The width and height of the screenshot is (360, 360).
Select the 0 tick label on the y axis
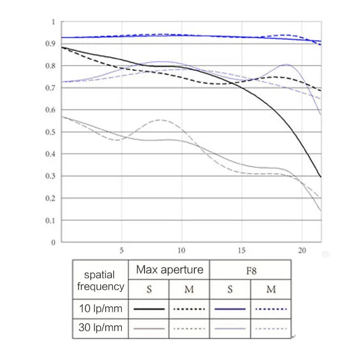pyautogui.click(x=53, y=243)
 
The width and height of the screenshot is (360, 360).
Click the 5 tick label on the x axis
pyautogui.click(x=121, y=250)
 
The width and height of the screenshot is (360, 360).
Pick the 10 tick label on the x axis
pyautogui.click(x=181, y=250)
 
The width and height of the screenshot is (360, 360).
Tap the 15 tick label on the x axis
pyautogui.click(x=241, y=250)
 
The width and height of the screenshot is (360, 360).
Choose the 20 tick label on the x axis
pyautogui.click(x=302, y=250)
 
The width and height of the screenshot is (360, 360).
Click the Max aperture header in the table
pyautogui.click(x=169, y=270)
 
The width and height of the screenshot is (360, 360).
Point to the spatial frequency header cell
pyautogui.click(x=101, y=280)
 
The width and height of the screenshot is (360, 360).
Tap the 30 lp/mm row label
pyautogui.click(x=101, y=328)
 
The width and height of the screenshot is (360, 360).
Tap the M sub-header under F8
pyautogui.click(x=271, y=290)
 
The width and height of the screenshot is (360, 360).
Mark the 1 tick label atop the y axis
pyautogui.click(x=53, y=22)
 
